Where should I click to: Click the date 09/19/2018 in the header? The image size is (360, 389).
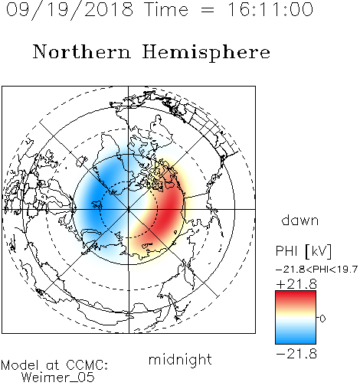(x=70, y=10)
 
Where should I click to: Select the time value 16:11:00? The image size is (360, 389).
(x=270, y=9)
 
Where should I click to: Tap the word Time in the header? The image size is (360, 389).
(x=166, y=9)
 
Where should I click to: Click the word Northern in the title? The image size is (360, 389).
(x=82, y=52)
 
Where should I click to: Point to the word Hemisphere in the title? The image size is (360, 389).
(x=206, y=53)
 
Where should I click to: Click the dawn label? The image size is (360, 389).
(x=300, y=220)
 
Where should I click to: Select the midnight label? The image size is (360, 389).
(x=180, y=359)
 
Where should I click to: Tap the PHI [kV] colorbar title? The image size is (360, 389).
(x=303, y=251)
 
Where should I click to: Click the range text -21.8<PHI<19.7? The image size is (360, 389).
(x=316, y=270)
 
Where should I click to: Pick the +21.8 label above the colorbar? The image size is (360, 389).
(x=296, y=284)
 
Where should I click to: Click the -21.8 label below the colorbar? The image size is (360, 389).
(x=296, y=354)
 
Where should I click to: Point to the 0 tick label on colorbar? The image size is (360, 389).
(x=322, y=319)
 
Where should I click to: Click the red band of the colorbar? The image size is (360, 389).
(x=296, y=297)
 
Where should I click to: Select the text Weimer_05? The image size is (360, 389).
(x=58, y=378)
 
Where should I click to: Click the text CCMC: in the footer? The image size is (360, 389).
(x=87, y=365)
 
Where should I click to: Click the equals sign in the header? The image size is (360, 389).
(x=208, y=10)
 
